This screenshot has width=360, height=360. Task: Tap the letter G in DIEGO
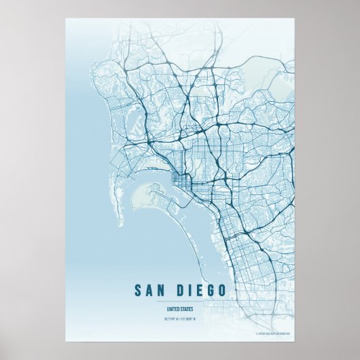tap(211, 291)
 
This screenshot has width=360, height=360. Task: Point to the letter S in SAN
tap(139, 291)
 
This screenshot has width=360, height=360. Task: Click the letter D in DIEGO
tap(179, 291)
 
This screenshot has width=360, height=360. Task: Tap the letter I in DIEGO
tap(190, 291)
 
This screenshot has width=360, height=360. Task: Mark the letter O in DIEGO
tap(222, 291)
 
